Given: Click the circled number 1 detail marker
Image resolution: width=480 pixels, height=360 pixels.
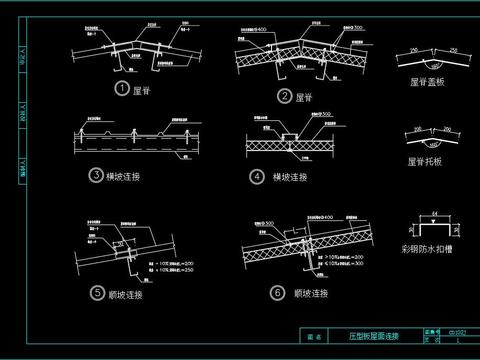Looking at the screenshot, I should (x=122, y=89).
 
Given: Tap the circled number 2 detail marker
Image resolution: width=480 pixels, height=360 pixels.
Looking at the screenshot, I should (x=285, y=96).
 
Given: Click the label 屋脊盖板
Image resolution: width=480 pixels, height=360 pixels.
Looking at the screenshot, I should (x=428, y=85).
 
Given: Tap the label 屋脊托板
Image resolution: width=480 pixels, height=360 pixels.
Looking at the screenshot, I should (x=427, y=160).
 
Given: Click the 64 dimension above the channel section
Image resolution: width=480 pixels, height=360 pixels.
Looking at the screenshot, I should (x=433, y=210).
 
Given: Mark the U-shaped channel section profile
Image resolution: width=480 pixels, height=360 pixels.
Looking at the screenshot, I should (x=433, y=223).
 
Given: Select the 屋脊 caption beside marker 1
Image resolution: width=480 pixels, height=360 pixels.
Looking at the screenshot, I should (x=145, y=89).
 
